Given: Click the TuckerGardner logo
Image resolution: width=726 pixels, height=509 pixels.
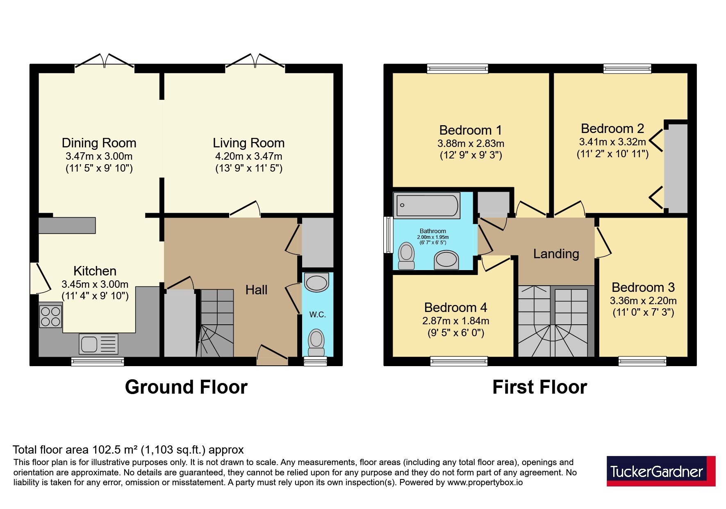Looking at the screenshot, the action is (661, 471).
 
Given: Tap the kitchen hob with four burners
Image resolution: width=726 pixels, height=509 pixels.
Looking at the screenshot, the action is (51, 316).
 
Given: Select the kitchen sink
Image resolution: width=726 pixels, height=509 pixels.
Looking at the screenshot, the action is (99, 344).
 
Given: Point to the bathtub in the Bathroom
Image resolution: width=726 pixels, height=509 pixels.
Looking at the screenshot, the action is (427, 205).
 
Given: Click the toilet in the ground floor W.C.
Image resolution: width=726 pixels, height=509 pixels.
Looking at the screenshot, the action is (316, 342).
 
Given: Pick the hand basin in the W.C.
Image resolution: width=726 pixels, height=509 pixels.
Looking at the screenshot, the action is (317, 282).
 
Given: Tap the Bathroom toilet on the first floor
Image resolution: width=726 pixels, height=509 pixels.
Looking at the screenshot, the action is (406, 256).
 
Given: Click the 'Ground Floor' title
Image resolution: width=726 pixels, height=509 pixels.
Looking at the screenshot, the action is (186, 387).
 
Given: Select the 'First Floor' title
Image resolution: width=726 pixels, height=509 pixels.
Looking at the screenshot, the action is (539, 387).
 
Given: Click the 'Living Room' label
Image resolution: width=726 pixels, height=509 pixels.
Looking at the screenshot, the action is (248, 143).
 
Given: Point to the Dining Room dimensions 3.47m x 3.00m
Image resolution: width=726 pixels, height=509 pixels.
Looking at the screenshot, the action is (99, 156).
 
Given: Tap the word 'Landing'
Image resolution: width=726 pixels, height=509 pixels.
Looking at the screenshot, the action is (556, 254).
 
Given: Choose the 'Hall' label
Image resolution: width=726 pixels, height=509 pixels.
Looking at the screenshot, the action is (256, 290).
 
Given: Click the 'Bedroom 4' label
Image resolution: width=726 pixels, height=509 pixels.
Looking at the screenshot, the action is (456, 307).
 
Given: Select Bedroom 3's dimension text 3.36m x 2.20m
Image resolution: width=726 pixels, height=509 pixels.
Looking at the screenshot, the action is (643, 301).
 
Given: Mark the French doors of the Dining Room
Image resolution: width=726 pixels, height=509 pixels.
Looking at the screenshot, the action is (105, 62).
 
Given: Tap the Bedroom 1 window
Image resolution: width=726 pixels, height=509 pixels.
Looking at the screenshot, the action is (457, 69).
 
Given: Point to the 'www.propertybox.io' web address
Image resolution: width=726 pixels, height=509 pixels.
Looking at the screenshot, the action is (485, 483).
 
